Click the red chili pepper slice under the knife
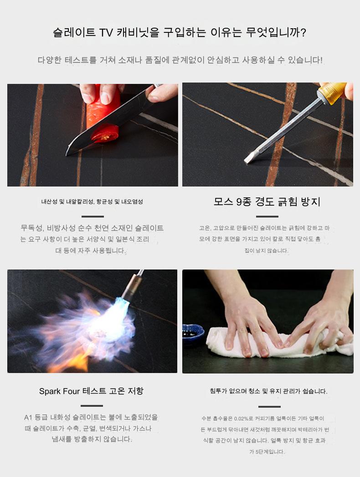(x=105, y=135)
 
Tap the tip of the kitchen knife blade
(x=67, y=154)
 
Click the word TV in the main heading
(x=106, y=32)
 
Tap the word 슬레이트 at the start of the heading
(x=74, y=32)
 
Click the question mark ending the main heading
(x=303, y=32)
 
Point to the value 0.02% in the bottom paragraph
(x=241, y=419)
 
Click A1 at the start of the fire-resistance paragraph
(x=28, y=417)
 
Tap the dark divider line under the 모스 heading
(x=267, y=217)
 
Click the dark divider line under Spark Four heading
(x=92, y=406)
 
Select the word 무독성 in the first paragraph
(x=31, y=228)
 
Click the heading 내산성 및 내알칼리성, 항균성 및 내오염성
(x=92, y=202)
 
